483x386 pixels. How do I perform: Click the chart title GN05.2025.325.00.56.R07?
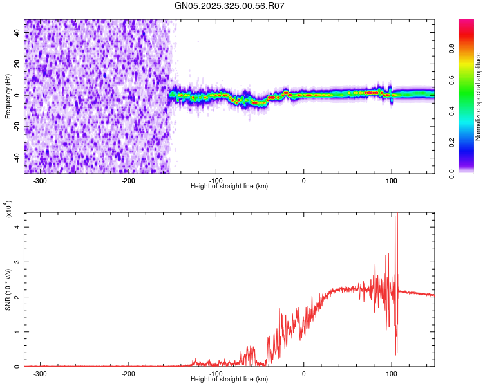pyautogui.click(x=230, y=6)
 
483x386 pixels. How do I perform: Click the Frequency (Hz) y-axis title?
pyautogui.click(x=8, y=95)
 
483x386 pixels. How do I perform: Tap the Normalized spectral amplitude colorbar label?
pyautogui.click(x=478, y=96)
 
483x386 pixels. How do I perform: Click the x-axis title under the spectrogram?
pyautogui.click(x=230, y=186)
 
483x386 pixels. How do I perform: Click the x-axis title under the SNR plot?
pyautogui.click(x=230, y=379)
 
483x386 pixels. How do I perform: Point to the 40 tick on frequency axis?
pyautogui.click(x=17, y=33)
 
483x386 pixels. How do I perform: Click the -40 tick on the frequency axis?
pyautogui.click(x=15, y=156)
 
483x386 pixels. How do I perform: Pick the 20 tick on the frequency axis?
pyautogui.click(x=17, y=64)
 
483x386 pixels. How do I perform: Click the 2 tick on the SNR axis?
pyautogui.click(x=17, y=297)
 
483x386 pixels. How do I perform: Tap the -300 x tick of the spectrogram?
pyautogui.click(x=40, y=181)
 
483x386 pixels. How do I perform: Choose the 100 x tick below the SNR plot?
pyautogui.click(x=391, y=374)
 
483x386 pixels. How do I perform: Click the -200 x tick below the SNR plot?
pyautogui.click(x=128, y=374)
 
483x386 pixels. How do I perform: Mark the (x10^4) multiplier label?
pyautogui.click(x=8, y=209)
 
